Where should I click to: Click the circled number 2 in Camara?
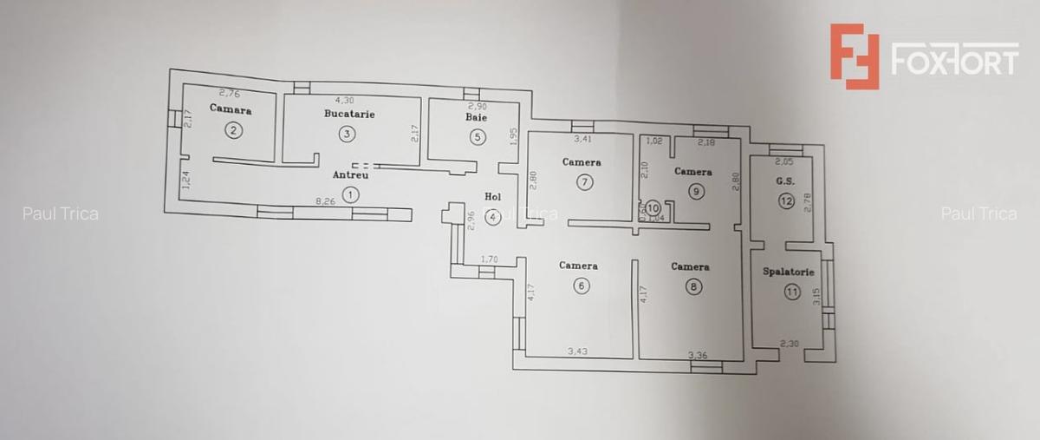pyautogui.click(x=232, y=131)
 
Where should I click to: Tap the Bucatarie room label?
pyautogui.click(x=349, y=114)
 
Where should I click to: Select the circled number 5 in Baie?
pyautogui.click(x=477, y=136)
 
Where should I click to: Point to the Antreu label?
pyautogui.click(x=350, y=174)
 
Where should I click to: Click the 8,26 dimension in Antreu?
pyautogui.click(x=325, y=201)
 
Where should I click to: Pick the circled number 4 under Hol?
pyautogui.click(x=493, y=217)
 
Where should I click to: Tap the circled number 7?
pyautogui.click(x=586, y=181)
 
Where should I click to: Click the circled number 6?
pyautogui.click(x=581, y=286)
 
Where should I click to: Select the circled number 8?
pyautogui.click(x=693, y=286)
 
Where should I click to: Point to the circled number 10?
pyautogui.click(x=653, y=207)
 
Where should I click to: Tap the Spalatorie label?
pyautogui.click(x=788, y=272)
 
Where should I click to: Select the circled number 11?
pyautogui.click(x=791, y=292)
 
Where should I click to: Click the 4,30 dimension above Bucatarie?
pyautogui.click(x=344, y=100)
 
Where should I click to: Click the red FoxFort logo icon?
pyautogui.click(x=854, y=56)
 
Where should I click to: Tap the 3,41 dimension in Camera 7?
pyautogui.click(x=583, y=138)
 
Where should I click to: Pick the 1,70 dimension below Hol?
pyautogui.click(x=489, y=259)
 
